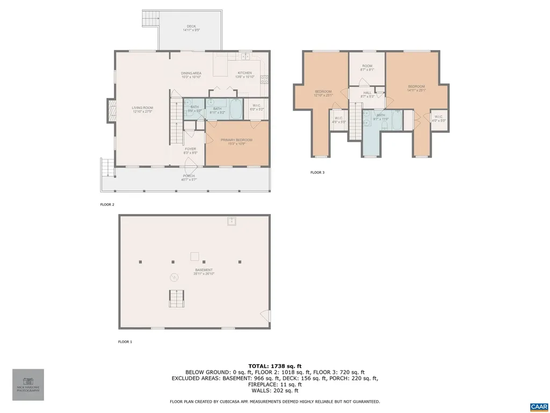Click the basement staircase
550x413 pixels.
tap(176, 298)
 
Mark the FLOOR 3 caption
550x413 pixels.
tap(317, 173)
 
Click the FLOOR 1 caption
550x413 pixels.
tap(125, 341)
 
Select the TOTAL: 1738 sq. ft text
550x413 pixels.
tap(274, 366)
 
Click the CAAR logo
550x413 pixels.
tap(538, 406)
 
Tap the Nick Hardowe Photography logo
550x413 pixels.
tap(28, 384)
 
